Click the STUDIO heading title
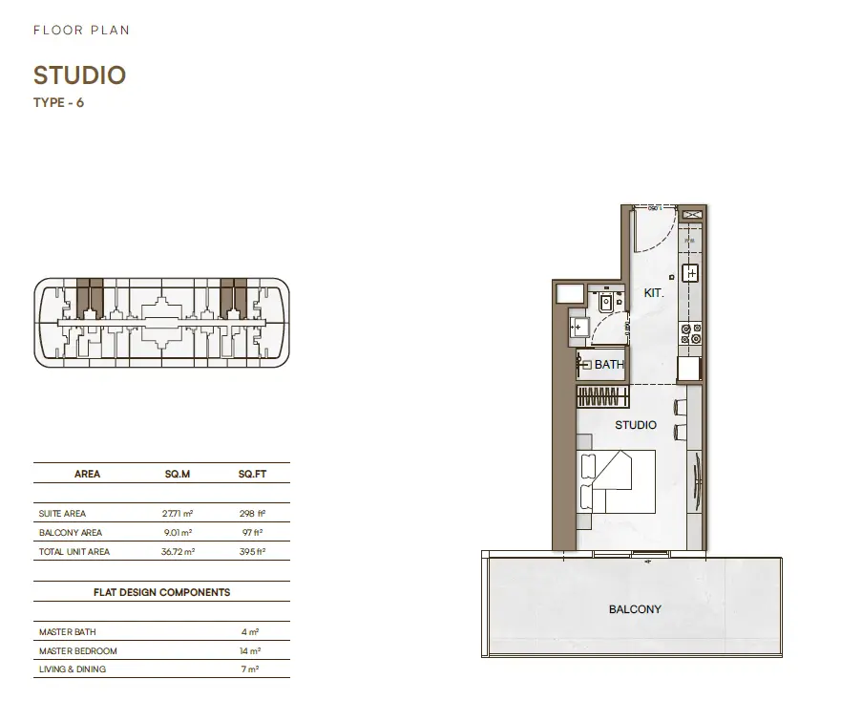pyautogui.click(x=79, y=75)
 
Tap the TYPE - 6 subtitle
pyautogui.click(x=58, y=102)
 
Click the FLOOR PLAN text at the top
pyautogui.click(x=81, y=30)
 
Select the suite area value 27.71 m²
pyautogui.click(x=178, y=514)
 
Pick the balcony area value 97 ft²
pyautogui.click(x=252, y=533)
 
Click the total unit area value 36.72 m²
pyautogui.click(x=179, y=551)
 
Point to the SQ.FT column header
pyautogui.click(x=252, y=474)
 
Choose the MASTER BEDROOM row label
pyautogui.click(x=77, y=650)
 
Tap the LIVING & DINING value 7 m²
pyautogui.click(x=250, y=669)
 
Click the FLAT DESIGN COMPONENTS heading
pyautogui.click(x=161, y=592)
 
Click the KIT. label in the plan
pyautogui.click(x=654, y=293)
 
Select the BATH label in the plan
pyautogui.click(x=609, y=365)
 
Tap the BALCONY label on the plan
pyautogui.click(x=635, y=609)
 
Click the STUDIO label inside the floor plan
pyautogui.click(x=636, y=425)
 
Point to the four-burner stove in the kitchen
pyautogui.click(x=691, y=333)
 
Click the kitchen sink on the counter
pyautogui.click(x=691, y=273)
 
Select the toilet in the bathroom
pyautogui.click(x=606, y=303)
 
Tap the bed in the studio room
pyautogui.click(x=617, y=481)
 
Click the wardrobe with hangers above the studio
pyautogui.click(x=603, y=396)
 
